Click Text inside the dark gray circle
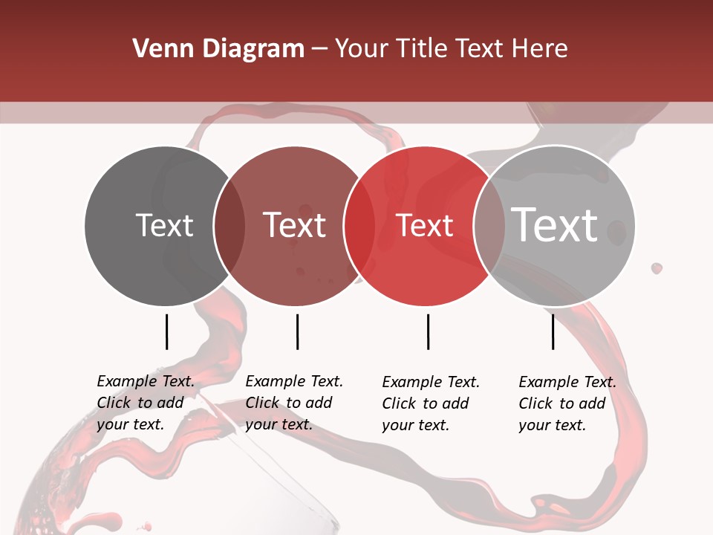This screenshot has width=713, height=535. (164, 225)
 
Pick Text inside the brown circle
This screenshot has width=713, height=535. (294, 225)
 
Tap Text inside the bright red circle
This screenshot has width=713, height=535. (425, 226)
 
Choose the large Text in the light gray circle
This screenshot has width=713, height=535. (555, 224)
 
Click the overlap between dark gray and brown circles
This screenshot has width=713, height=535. (229, 226)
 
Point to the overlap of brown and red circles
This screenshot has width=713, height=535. (359, 226)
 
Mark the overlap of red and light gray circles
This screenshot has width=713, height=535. (487, 226)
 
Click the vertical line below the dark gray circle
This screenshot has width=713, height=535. (166, 331)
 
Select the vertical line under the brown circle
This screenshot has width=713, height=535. (297, 331)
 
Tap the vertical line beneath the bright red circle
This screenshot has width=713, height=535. (428, 331)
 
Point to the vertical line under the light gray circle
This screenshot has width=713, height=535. (553, 331)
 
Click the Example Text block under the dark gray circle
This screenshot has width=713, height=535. (145, 403)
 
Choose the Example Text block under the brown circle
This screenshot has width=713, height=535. (293, 403)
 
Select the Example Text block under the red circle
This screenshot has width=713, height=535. (430, 403)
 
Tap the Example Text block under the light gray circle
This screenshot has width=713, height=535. (567, 403)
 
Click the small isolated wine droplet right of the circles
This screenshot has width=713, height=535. (657, 267)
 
